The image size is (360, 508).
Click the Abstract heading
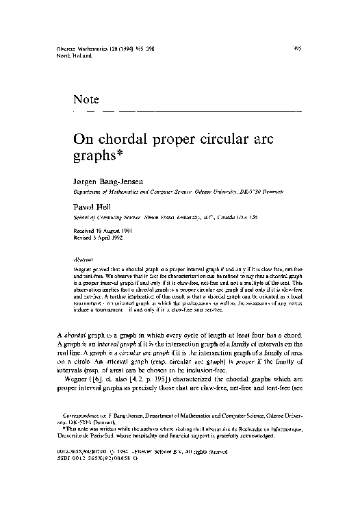coord(83,259)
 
